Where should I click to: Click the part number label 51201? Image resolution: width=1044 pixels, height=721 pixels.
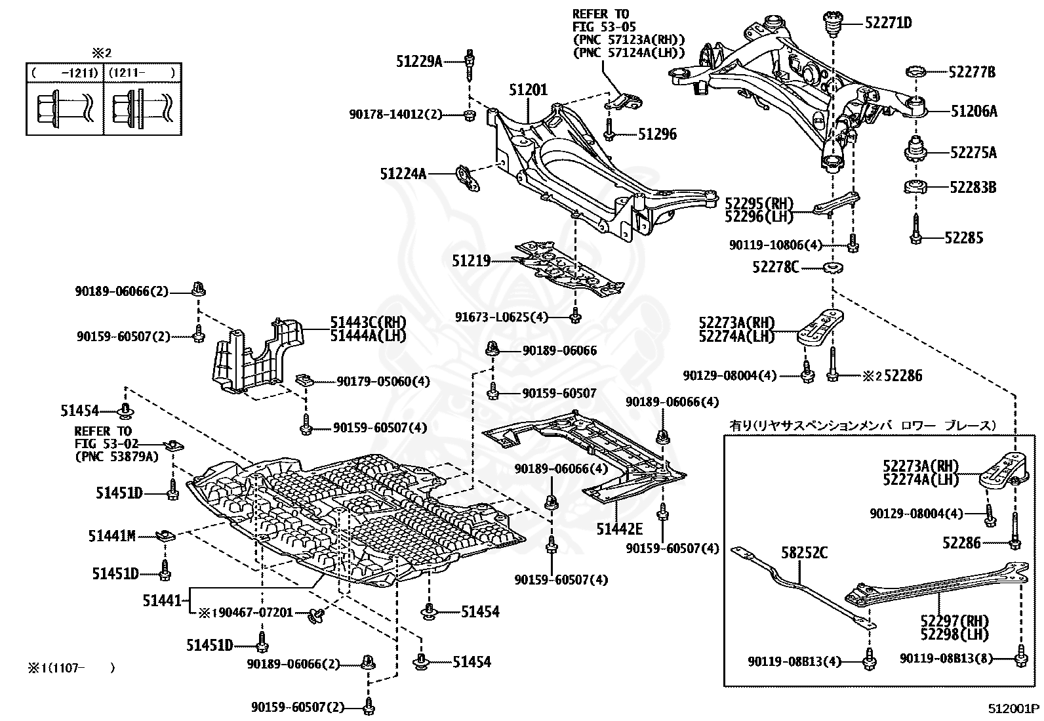point(528,89)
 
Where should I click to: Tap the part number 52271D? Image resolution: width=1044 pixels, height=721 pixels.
point(889,23)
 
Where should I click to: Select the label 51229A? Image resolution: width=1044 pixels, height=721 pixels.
point(419,61)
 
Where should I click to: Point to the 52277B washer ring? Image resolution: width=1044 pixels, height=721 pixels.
point(915,72)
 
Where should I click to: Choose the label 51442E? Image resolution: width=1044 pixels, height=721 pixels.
point(620,529)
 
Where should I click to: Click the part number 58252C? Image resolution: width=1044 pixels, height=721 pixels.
point(805,552)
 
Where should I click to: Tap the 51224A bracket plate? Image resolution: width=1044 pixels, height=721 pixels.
point(468,178)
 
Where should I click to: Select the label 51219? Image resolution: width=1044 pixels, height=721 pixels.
point(472,260)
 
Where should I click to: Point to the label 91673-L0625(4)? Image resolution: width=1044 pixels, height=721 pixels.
point(502,317)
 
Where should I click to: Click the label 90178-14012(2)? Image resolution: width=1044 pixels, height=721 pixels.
point(395,114)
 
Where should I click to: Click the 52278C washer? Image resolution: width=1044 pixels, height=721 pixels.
point(833,268)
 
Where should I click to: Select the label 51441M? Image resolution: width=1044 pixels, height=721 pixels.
point(112,536)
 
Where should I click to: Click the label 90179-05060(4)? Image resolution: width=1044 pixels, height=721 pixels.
point(383,381)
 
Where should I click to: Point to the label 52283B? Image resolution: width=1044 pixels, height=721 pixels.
point(973,188)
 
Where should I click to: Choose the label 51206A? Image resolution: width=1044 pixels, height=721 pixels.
point(974,111)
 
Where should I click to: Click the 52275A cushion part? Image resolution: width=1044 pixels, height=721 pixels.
point(915,149)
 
